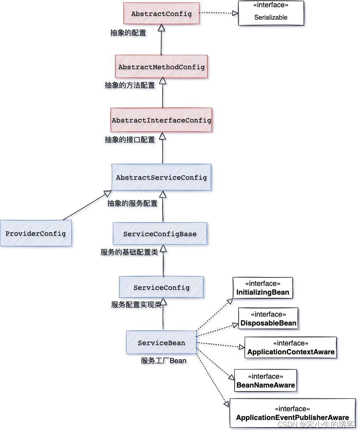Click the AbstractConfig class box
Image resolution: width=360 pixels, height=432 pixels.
click(x=161, y=14)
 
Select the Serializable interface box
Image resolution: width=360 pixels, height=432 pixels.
click(x=271, y=13)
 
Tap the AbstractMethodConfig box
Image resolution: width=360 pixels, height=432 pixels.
click(x=161, y=67)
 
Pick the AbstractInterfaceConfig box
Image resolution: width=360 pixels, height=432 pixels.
click(x=161, y=120)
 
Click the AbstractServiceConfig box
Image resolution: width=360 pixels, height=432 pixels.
click(x=161, y=177)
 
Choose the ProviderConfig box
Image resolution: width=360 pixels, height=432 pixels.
click(x=36, y=233)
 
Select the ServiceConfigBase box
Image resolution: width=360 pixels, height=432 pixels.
click(x=160, y=234)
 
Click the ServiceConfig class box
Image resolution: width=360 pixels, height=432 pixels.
click(x=161, y=287)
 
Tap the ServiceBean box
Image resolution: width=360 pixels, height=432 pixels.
click(x=161, y=342)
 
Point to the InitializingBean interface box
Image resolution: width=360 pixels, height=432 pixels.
click(x=263, y=288)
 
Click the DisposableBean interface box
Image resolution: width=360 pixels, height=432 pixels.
click(x=268, y=319)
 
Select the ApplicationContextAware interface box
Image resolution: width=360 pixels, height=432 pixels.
click(x=291, y=348)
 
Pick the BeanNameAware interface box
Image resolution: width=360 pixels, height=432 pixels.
click(x=265, y=381)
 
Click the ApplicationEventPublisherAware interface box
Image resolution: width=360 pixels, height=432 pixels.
click(x=292, y=413)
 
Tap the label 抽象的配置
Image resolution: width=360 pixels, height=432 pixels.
click(x=128, y=33)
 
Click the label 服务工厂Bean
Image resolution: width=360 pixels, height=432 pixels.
click(x=163, y=361)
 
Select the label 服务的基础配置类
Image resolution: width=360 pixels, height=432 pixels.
click(x=129, y=252)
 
